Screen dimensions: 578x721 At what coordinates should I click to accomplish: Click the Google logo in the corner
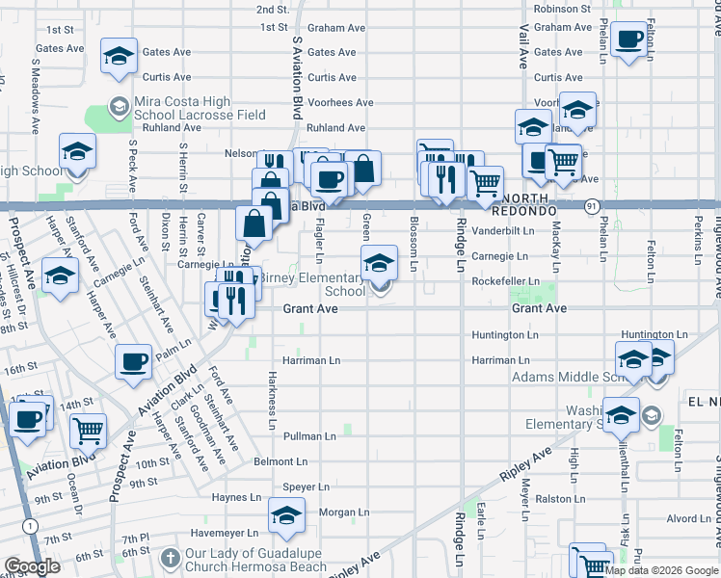[32, 566]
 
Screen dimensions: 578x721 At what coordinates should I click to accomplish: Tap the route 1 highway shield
[32, 525]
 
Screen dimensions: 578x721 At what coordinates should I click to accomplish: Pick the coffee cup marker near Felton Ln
[629, 40]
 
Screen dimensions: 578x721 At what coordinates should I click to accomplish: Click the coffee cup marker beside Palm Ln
[133, 361]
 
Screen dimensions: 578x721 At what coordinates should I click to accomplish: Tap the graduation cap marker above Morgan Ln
[286, 515]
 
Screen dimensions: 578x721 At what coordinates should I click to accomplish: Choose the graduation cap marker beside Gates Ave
[119, 57]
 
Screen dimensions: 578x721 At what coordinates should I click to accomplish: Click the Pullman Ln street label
[309, 436]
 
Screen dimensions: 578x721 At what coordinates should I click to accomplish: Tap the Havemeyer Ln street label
[225, 533]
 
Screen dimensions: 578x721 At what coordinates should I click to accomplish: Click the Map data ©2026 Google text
[662, 570]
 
